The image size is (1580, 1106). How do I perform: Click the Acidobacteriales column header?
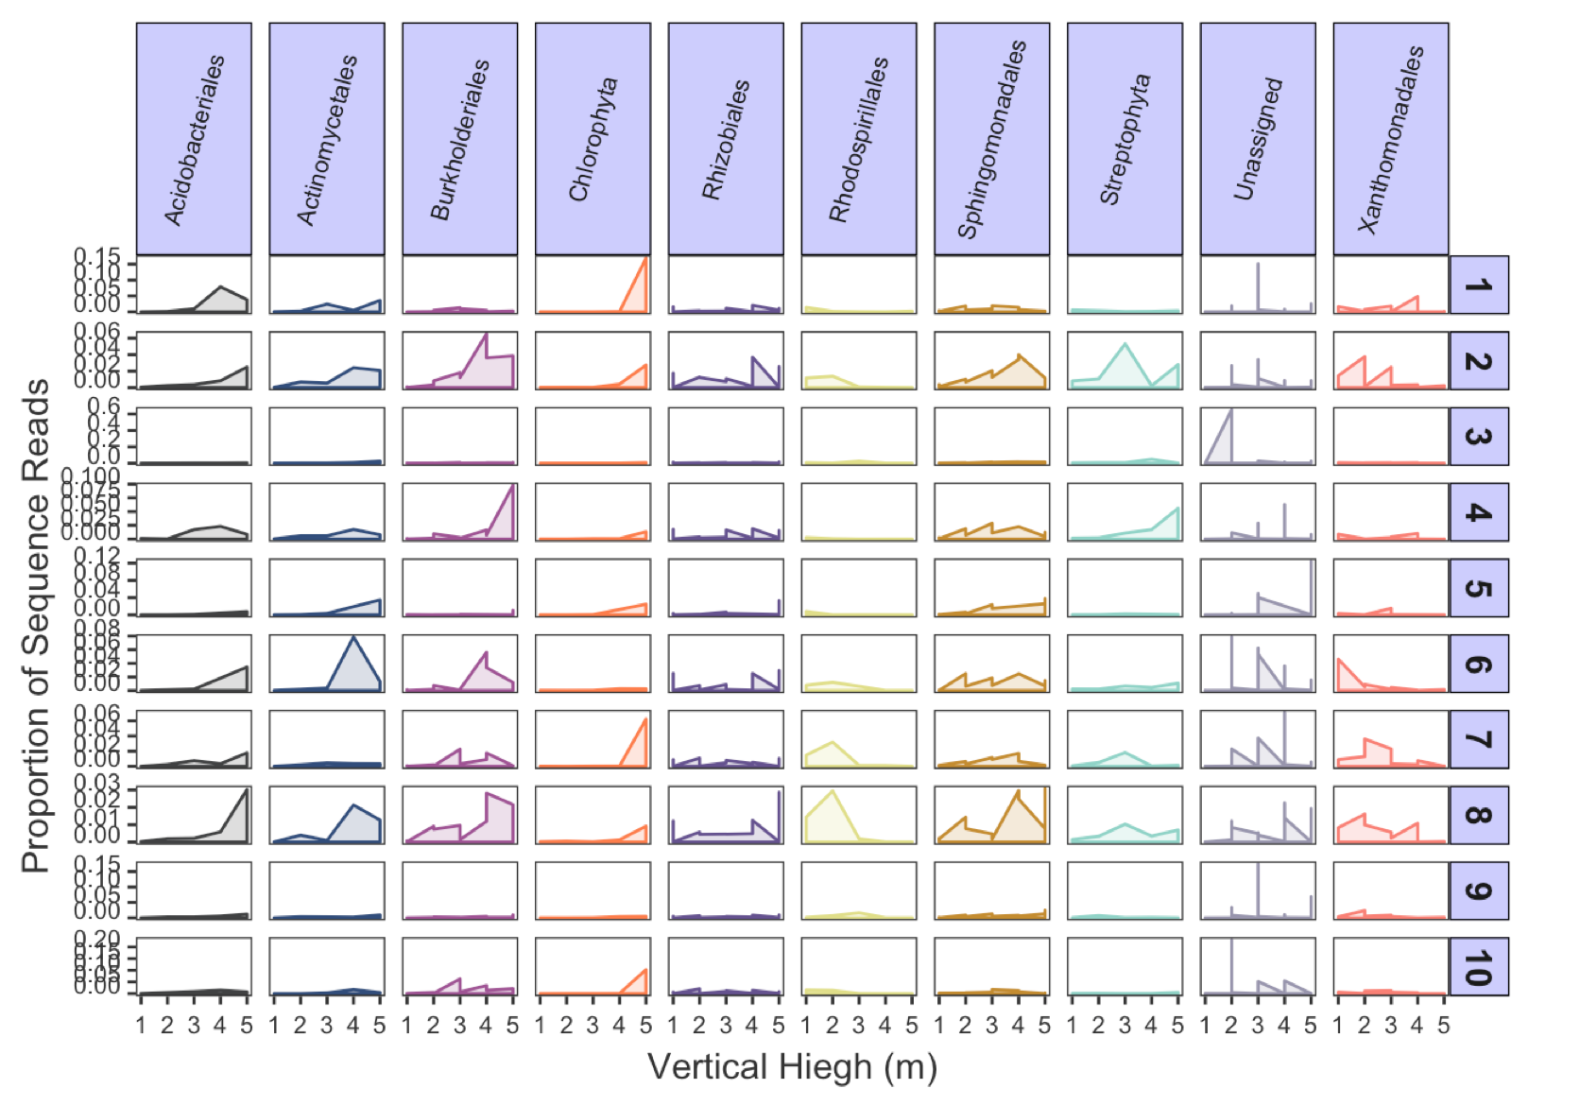click(194, 139)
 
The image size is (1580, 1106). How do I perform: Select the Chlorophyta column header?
click(592, 139)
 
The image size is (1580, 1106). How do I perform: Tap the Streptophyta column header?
click(1125, 139)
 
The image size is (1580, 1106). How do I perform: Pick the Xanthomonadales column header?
click(1390, 139)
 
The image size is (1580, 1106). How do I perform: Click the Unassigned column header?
click(1258, 139)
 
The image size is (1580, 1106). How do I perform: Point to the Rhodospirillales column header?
click(858, 139)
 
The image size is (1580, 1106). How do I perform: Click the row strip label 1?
click(1478, 285)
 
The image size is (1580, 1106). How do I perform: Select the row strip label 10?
click(1478, 966)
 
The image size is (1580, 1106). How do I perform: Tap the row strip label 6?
click(1478, 664)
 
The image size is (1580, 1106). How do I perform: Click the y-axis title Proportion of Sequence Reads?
click(36, 624)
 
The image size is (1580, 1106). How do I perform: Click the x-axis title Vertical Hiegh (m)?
click(792, 1066)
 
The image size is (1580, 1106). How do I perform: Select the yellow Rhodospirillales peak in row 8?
click(832, 791)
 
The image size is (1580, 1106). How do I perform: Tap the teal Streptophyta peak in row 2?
click(1125, 345)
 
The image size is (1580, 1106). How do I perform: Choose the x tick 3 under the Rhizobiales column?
click(726, 1025)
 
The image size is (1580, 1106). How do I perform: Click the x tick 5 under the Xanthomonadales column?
click(1443, 1025)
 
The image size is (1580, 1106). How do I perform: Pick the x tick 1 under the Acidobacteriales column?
click(141, 1025)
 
